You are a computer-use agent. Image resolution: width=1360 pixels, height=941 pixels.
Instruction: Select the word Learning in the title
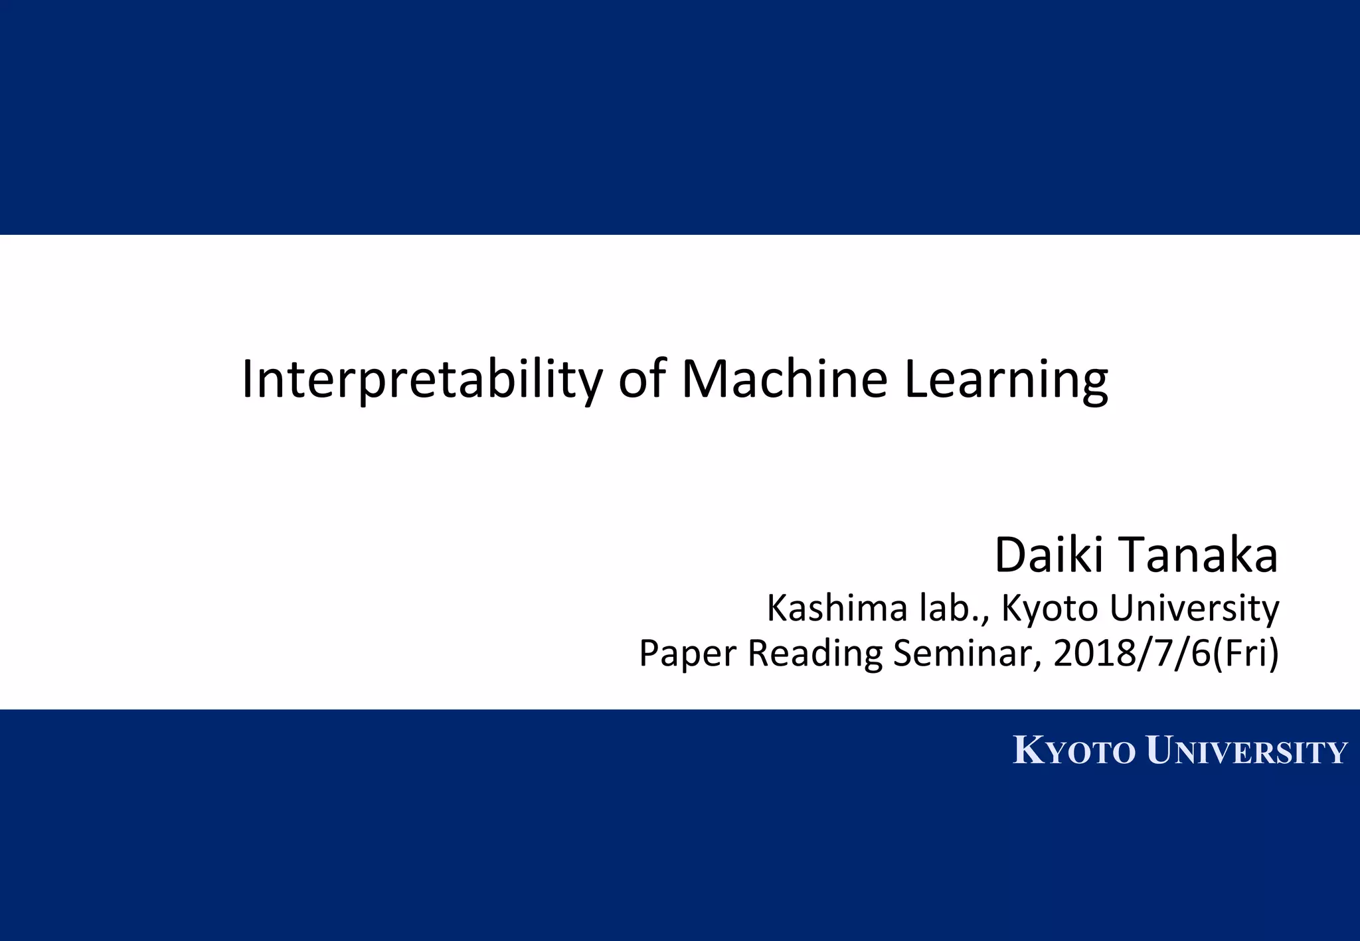pos(1005,380)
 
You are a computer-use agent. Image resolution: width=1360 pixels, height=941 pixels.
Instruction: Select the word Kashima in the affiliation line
pos(837,608)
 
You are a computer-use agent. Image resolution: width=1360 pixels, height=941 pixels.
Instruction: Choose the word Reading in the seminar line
pos(815,654)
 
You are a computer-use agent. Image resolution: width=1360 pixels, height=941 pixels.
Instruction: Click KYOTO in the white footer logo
pos(1074,752)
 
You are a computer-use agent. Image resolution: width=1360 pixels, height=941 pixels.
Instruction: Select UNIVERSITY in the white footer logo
pos(1246,752)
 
